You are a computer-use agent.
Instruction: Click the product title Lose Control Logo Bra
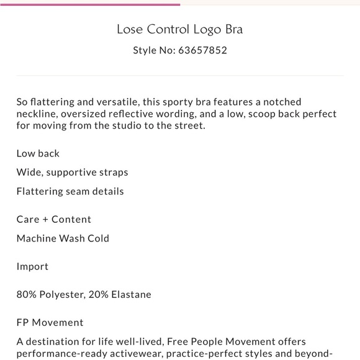[x=180, y=29]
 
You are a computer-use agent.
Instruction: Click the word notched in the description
[x=284, y=102]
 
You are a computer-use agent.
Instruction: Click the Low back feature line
[x=38, y=153]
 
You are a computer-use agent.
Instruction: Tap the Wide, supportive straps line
[x=72, y=172]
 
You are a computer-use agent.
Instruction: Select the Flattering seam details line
[x=70, y=191]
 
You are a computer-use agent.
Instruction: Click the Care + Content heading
[x=54, y=219]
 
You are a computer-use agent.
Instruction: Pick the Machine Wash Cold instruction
[x=63, y=238]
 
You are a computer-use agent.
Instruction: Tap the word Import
[x=32, y=266]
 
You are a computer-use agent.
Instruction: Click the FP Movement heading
[x=50, y=322]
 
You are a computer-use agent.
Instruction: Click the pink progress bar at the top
[x=90, y=4]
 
